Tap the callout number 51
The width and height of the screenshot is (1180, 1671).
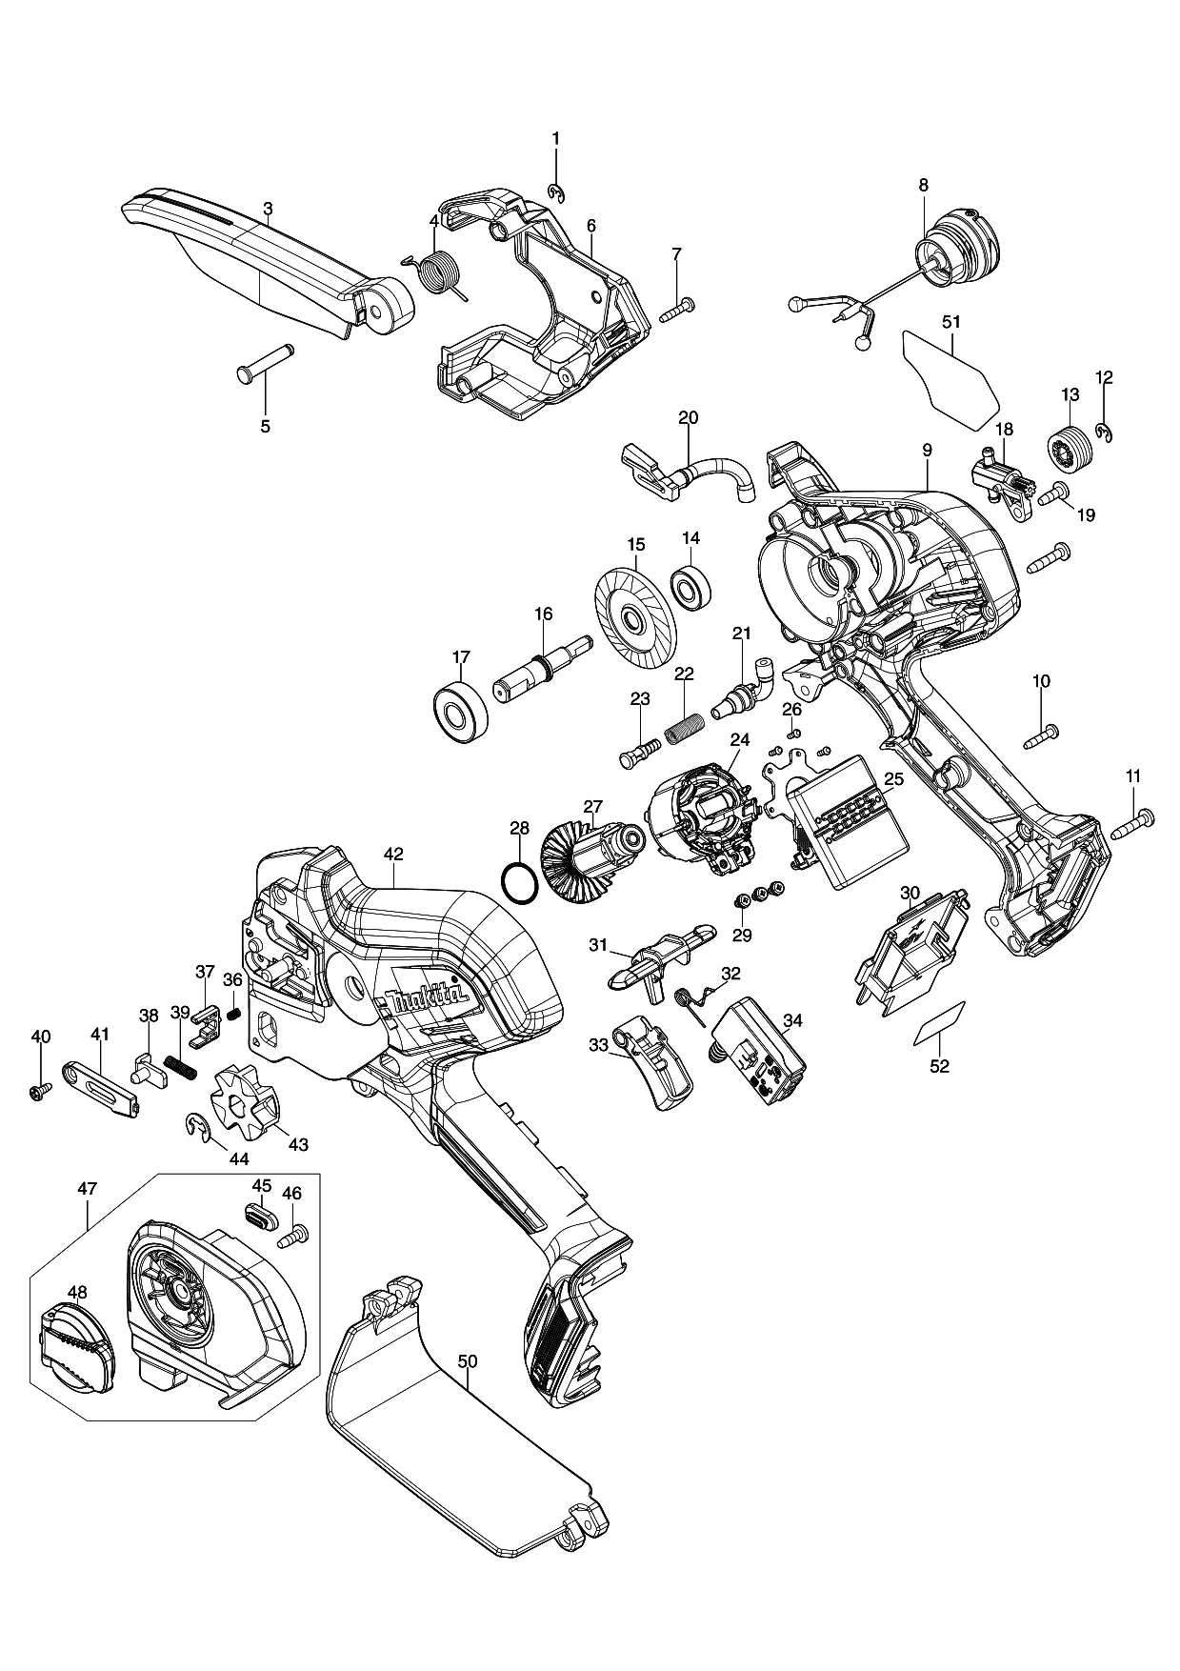(x=951, y=322)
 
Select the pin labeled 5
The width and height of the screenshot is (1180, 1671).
(x=264, y=363)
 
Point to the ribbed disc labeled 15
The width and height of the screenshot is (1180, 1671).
(x=634, y=613)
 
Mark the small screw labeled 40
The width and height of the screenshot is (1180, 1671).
(x=39, y=1093)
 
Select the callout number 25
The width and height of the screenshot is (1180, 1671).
(x=892, y=777)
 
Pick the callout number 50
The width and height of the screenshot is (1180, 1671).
(x=467, y=1361)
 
